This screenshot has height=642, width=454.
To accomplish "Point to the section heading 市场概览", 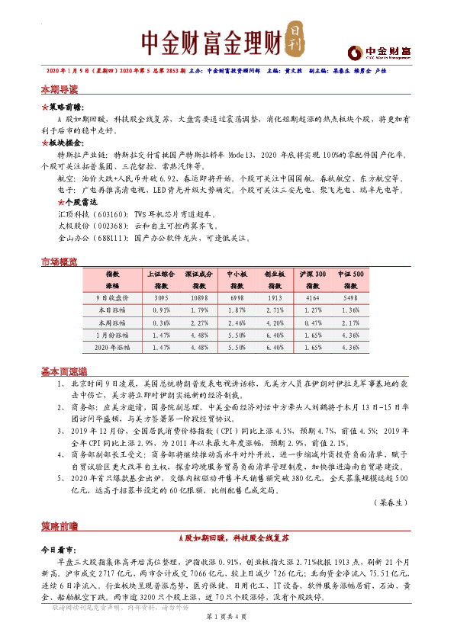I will (x=59, y=262).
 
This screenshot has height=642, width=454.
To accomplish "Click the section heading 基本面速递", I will (x=63, y=371).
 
